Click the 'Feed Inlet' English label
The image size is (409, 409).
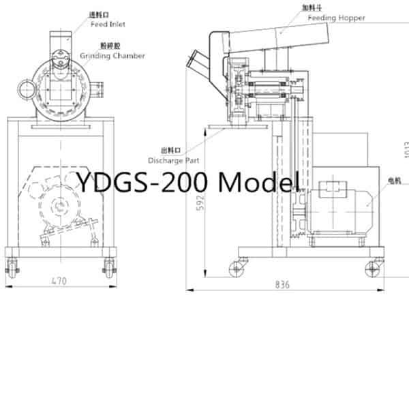tap(108, 25)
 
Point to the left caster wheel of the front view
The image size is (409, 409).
tap(12, 264)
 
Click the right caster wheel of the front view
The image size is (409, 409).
tap(109, 264)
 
